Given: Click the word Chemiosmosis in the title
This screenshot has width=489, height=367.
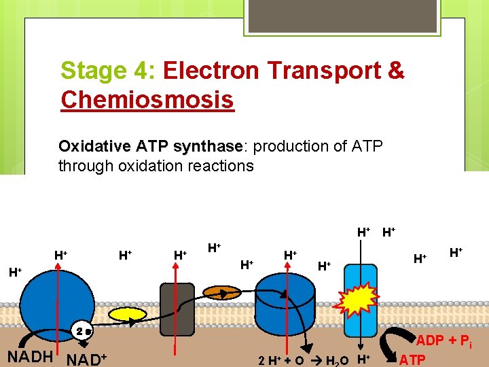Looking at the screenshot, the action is click(147, 100).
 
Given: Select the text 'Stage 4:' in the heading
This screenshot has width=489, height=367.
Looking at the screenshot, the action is click(109, 71).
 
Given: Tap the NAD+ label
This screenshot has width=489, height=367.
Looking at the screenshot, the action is click(86, 357).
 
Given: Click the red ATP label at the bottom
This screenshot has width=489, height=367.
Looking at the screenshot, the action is click(414, 358).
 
